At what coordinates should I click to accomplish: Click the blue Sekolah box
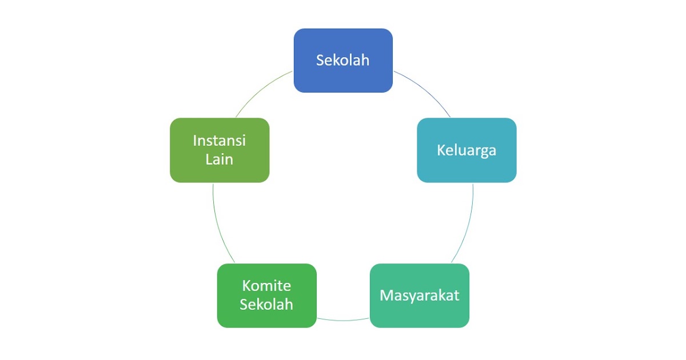[343, 61]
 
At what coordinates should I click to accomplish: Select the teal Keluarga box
[466, 150]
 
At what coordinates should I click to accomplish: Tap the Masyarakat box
[420, 296]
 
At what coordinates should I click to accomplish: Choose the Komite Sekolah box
[267, 296]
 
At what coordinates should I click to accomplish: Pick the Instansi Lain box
[220, 150]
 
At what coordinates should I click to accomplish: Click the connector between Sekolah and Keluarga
[425, 90]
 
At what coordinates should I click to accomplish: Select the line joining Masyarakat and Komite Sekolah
[343, 321]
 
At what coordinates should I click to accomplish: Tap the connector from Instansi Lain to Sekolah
[261, 90]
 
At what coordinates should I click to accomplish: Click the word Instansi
[220, 141]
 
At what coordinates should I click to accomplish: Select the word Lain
[220, 159]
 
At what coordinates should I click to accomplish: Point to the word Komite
[266, 286]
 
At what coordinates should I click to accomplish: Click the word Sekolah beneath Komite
[266, 304]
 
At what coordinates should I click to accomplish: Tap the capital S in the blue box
[320, 61]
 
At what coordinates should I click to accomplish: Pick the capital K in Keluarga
[441, 150]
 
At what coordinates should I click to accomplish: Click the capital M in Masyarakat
[386, 295]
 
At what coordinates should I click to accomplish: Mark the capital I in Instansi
[195, 141]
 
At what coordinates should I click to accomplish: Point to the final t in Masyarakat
[456, 296]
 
